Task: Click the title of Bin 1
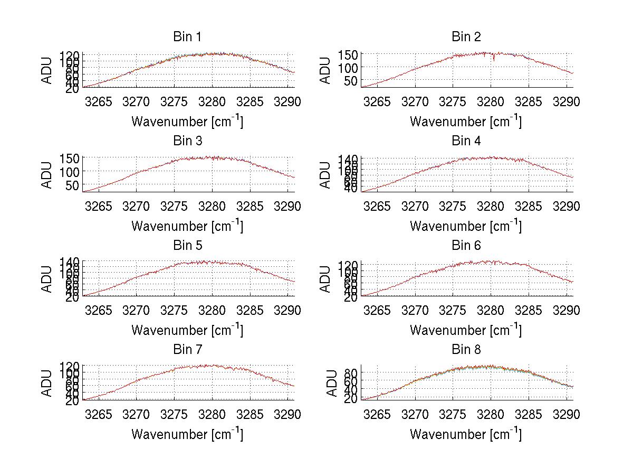[x=187, y=37]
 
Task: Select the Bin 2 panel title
[x=466, y=37]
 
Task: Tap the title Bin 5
[x=187, y=246]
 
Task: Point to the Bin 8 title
[x=466, y=350]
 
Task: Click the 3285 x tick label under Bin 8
[x=529, y=415]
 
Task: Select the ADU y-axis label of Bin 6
[x=325, y=279]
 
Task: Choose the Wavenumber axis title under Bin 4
[x=466, y=226]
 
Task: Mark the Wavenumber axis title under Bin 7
[x=187, y=434]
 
